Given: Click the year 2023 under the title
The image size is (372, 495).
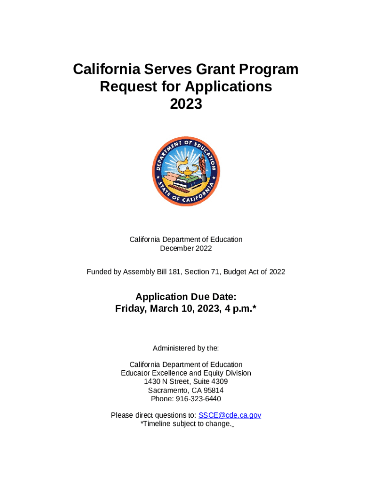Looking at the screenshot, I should [x=186, y=103].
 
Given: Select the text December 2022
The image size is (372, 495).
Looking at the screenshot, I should [x=186, y=248].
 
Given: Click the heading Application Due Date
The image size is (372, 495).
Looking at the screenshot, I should [x=186, y=297].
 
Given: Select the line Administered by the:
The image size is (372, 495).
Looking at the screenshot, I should [x=186, y=348].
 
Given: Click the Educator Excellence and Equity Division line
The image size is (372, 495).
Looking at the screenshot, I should [x=186, y=373].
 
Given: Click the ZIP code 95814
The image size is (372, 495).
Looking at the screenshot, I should [x=213, y=391].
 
